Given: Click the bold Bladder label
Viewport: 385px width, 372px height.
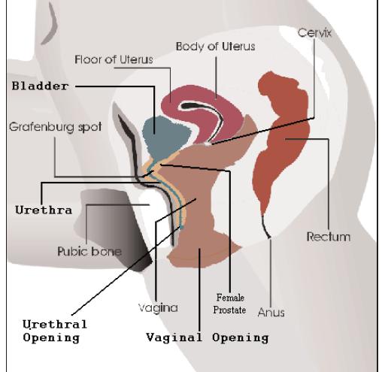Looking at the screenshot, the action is (x=40, y=86).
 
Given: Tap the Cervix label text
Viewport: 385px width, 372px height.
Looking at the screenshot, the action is (x=314, y=33).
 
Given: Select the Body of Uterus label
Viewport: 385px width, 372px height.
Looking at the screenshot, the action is (x=215, y=47).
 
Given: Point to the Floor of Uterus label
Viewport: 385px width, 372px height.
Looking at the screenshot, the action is (x=114, y=59).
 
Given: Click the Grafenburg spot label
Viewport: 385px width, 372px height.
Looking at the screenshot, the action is (x=56, y=127).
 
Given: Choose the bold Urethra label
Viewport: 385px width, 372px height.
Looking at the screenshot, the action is (x=44, y=210).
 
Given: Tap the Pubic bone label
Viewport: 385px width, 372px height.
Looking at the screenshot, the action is (x=89, y=251).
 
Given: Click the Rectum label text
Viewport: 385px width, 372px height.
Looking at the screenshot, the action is (x=329, y=237).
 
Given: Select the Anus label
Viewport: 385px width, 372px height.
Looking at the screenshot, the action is (x=271, y=313).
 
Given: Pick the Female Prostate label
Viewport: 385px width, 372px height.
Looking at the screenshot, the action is (x=229, y=304).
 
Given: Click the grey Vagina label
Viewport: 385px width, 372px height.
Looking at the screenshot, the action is (x=158, y=307).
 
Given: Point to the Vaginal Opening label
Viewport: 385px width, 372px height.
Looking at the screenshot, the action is (x=208, y=337).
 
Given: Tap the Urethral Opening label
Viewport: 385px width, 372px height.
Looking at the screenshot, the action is (x=55, y=331).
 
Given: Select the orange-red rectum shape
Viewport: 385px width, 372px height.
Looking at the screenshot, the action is (x=280, y=141).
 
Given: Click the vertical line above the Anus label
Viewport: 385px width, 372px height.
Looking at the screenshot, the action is (x=271, y=272).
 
